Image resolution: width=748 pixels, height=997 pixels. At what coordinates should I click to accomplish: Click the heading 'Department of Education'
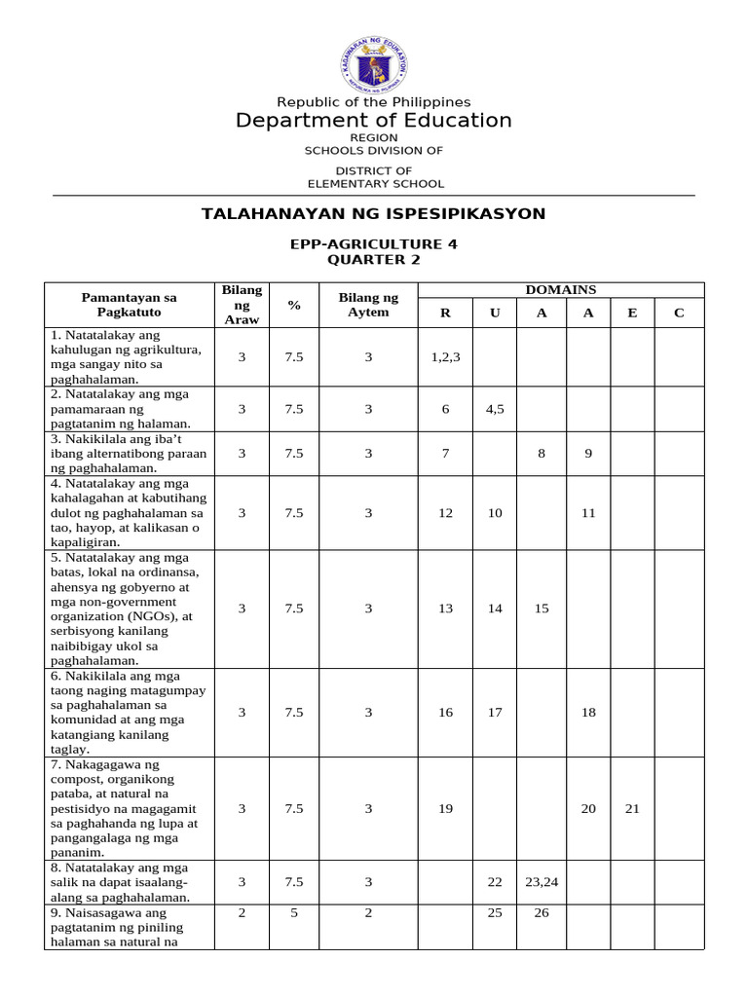(x=374, y=121)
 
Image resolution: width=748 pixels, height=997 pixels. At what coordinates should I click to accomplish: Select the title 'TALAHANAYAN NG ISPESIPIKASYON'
(x=374, y=213)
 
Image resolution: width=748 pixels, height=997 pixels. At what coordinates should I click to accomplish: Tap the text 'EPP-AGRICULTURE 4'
(x=374, y=244)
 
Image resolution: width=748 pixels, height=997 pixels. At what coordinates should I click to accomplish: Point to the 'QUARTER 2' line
(x=374, y=260)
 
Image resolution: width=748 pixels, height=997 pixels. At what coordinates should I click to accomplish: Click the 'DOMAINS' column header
(x=561, y=290)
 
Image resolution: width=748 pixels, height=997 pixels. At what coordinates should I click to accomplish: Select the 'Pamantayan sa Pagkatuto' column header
(x=129, y=304)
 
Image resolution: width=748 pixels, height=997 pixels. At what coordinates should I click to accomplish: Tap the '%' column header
(x=293, y=305)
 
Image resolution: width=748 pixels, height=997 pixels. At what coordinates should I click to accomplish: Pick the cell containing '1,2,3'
(x=445, y=357)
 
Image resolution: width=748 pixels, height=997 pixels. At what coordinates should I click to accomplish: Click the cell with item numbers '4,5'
(x=495, y=409)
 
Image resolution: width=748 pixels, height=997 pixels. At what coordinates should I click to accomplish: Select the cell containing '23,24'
(x=542, y=882)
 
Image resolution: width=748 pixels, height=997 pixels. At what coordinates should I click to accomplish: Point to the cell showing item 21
(x=632, y=808)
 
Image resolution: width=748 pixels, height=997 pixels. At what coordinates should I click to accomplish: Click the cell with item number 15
(x=542, y=609)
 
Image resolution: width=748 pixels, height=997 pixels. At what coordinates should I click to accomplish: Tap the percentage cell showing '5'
(x=293, y=913)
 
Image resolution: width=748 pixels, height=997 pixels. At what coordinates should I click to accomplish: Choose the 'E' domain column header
(x=632, y=313)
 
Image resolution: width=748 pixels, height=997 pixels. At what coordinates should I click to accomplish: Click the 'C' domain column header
(x=679, y=313)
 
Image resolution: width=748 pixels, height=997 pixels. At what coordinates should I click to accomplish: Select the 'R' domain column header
(x=445, y=313)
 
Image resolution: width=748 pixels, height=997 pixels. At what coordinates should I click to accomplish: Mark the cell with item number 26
(x=542, y=913)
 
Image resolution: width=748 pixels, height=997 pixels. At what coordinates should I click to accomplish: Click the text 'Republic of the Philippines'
(x=374, y=102)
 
